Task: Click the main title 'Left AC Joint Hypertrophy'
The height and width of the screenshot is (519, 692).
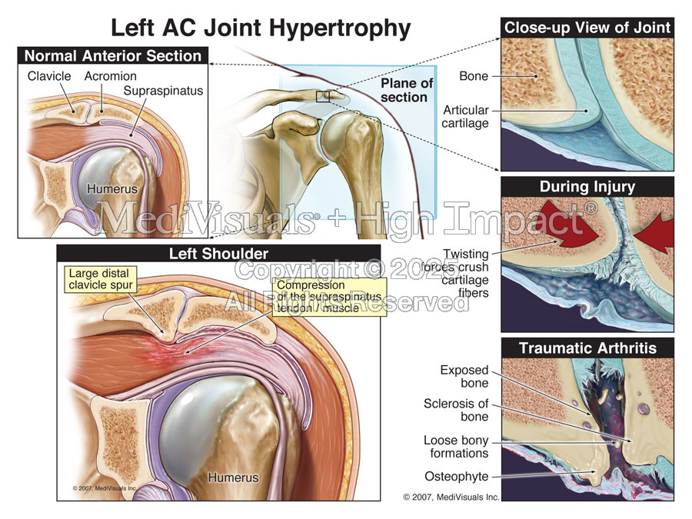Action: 261,28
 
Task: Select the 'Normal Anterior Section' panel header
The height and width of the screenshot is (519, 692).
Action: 113,55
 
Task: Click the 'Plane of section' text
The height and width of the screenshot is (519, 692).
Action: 406,90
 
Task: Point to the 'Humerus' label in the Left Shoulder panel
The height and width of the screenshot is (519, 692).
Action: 232,477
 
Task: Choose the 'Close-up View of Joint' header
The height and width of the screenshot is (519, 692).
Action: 587,28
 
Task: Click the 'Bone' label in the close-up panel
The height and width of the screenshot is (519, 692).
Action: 474,76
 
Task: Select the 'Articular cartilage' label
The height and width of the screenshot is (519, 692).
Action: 466,117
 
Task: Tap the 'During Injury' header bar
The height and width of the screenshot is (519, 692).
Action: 587,186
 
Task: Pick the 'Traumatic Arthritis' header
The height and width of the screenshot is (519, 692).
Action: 587,348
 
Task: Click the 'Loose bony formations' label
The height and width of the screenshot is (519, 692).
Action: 457,447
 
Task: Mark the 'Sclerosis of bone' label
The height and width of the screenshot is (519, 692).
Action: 456,410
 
